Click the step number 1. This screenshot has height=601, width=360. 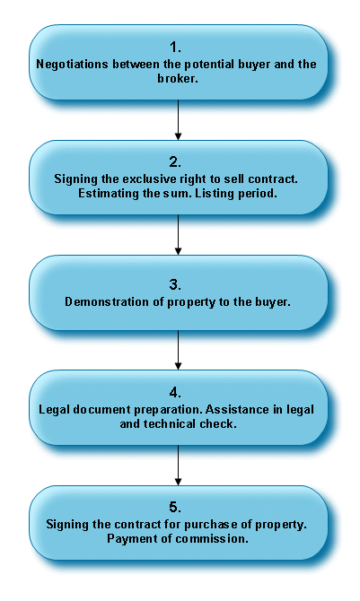pyautogui.click(x=175, y=48)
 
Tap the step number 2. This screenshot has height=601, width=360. pyautogui.click(x=175, y=162)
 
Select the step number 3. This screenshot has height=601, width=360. pyautogui.click(x=175, y=284)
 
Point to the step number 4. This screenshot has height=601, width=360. pyautogui.click(x=175, y=393)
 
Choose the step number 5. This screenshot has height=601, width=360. pyautogui.click(x=175, y=507)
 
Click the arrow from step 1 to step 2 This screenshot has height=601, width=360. pyautogui.click(x=178, y=119)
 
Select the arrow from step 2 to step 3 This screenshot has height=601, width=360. pyautogui.click(x=178, y=235)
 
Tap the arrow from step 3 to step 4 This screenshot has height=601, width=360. pyautogui.click(x=178, y=350)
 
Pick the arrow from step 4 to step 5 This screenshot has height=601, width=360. pyautogui.click(x=178, y=465)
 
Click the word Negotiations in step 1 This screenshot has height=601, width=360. pyautogui.click(x=72, y=65)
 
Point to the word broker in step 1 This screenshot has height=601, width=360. pyautogui.click(x=175, y=79)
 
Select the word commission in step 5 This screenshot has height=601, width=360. pyautogui.click(x=212, y=538)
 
